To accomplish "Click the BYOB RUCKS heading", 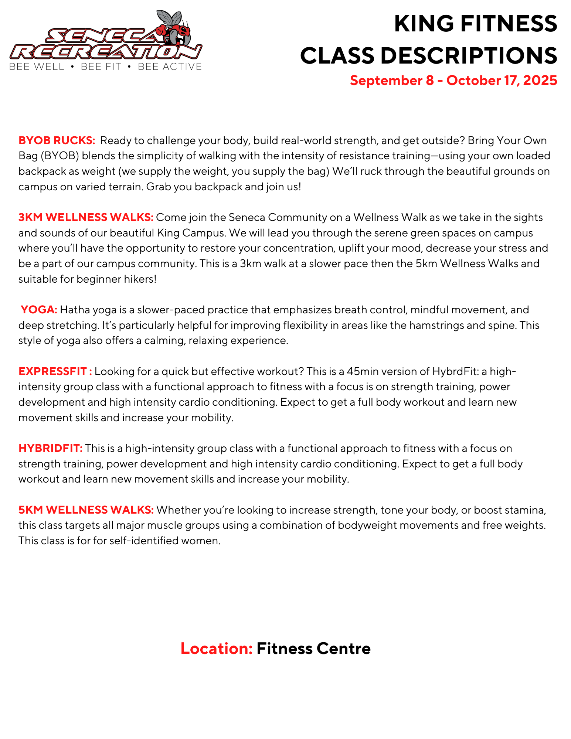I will click(57, 140).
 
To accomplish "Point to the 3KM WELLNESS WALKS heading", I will click(86, 217).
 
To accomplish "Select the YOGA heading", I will click(39, 310).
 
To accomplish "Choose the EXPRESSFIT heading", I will click(55, 371).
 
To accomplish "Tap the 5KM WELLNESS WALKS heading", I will click(86, 510).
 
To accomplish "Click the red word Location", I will click(216, 648).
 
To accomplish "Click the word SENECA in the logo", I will click(103, 36).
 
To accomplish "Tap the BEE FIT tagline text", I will click(101, 67).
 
